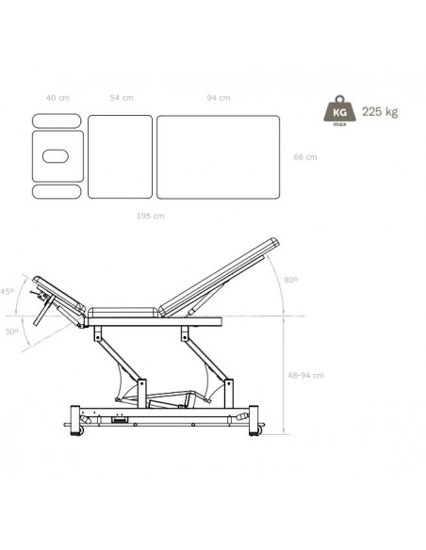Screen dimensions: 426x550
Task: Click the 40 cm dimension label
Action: tap(57, 98)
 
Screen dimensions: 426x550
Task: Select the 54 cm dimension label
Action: tap(122, 98)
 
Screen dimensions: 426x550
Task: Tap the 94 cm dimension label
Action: tap(219, 98)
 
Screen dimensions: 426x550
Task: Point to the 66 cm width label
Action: tap(305, 157)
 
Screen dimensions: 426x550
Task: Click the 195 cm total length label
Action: tap(150, 216)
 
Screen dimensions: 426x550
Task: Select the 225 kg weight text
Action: tap(380, 112)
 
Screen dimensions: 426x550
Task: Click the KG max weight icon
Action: tap(339, 111)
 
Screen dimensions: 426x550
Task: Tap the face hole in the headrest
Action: tap(55, 156)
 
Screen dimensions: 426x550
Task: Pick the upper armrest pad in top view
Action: tap(57, 121)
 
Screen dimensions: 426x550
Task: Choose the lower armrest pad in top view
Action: tap(57, 191)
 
